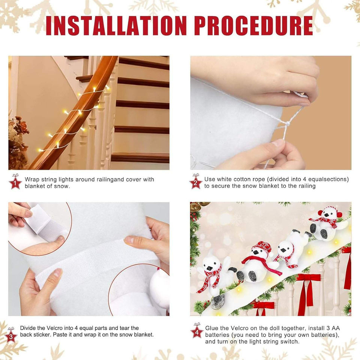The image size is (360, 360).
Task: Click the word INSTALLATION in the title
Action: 116,25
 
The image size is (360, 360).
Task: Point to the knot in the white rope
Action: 286,124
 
